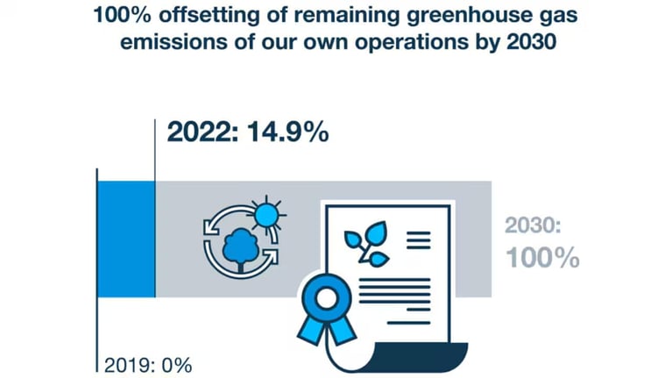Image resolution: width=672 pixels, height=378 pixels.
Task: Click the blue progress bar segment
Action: click(x=125, y=239)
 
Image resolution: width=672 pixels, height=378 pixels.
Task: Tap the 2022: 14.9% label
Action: click(x=248, y=132)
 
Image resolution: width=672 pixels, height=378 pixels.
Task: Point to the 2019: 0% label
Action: click(x=147, y=364)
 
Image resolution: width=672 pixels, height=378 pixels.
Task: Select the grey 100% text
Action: click(x=542, y=257)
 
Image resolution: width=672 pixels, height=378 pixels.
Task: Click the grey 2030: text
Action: click(x=533, y=225)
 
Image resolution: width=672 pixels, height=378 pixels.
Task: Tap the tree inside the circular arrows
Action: click(x=237, y=247)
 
